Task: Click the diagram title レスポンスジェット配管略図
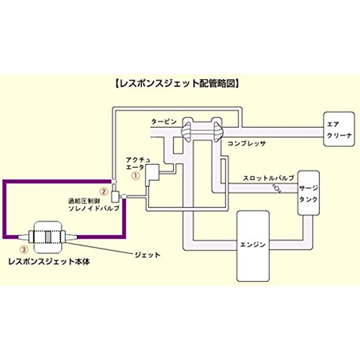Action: (x=176, y=84)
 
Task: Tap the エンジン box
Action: (x=253, y=245)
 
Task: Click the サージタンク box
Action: (x=308, y=193)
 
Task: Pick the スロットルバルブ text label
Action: (x=269, y=178)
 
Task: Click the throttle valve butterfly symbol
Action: (x=276, y=188)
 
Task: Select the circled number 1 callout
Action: (x=135, y=176)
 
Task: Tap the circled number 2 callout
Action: (x=103, y=191)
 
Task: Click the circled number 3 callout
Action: (x=23, y=248)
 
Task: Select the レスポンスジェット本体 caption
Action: (x=49, y=262)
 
